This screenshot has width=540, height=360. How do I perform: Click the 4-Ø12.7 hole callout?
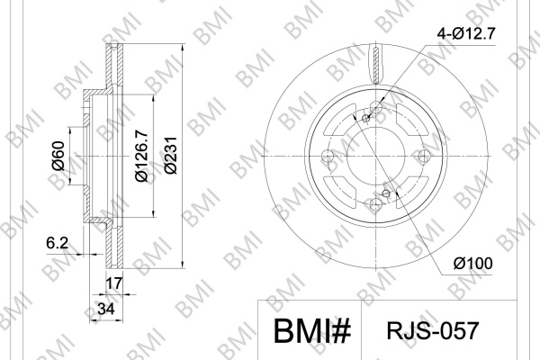(x=466, y=34)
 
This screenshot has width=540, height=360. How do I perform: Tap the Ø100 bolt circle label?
(x=472, y=264)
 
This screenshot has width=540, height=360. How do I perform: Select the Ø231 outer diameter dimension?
(x=170, y=156)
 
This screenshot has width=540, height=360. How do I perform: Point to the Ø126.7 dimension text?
(x=141, y=156)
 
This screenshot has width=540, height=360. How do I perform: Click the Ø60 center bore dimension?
(x=58, y=156)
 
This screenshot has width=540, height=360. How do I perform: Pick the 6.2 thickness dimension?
(x=58, y=243)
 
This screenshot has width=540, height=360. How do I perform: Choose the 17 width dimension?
(x=113, y=283)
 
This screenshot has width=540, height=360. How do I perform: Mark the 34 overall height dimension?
(x=105, y=309)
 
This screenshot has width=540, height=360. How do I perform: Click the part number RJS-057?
(x=433, y=330)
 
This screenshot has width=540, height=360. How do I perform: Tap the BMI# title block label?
(x=312, y=330)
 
